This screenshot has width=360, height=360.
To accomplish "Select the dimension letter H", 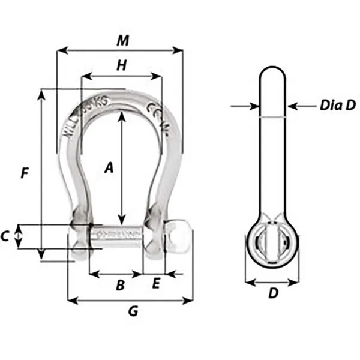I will pyautogui.click(x=121, y=66).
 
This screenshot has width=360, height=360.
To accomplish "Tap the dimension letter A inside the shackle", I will pyautogui.click(x=109, y=169).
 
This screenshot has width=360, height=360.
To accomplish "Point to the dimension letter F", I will pyautogui.click(x=25, y=173).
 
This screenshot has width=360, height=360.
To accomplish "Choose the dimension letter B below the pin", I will pyautogui.click(x=119, y=286).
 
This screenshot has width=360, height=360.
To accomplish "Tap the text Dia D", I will pyautogui.click(x=337, y=106).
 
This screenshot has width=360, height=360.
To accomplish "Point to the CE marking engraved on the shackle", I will pyautogui.click(x=152, y=111).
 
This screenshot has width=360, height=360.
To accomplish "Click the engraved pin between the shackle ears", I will pyautogui.click(x=117, y=234).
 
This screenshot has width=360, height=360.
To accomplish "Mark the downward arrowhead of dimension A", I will pyautogui.click(x=122, y=220).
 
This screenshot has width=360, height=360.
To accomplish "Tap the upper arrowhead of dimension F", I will pyautogui.click(x=41, y=94).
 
